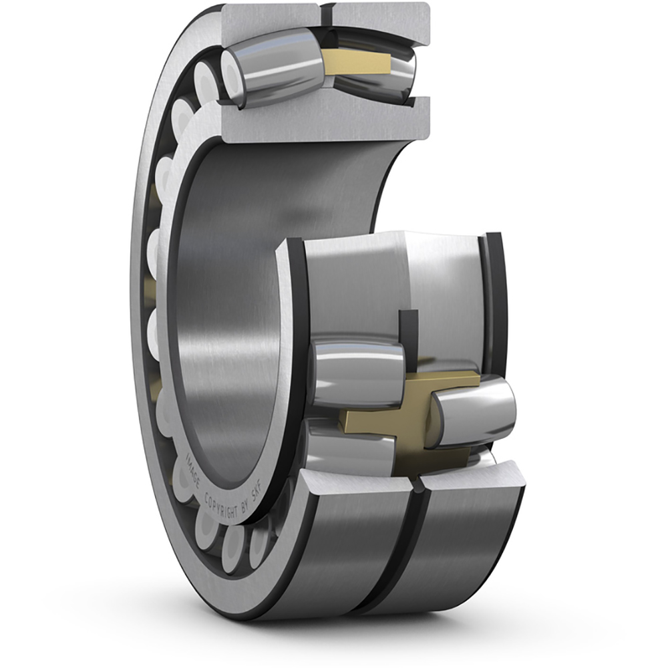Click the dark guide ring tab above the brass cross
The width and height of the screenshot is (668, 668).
pos(408,334)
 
